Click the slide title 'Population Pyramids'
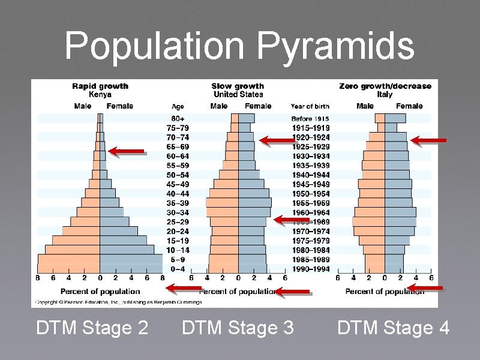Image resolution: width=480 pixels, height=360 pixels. click(x=239, y=46)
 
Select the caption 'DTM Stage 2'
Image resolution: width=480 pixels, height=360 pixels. click(x=92, y=328)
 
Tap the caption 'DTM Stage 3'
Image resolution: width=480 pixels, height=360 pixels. click(x=238, y=328)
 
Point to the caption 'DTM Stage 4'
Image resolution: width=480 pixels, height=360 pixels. click(x=393, y=328)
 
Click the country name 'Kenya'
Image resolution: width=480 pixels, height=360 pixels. click(x=100, y=94)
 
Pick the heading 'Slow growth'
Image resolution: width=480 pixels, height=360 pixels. click(x=238, y=86)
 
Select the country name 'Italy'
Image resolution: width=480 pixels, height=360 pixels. click(x=385, y=94)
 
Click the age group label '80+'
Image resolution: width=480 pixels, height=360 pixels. click(x=178, y=118)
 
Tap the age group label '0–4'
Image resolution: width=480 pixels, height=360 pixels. click(x=178, y=269)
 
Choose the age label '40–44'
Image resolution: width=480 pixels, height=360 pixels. click(x=178, y=194)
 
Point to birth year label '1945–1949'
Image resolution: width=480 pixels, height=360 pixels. click(x=310, y=184)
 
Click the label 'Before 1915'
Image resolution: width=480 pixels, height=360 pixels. click(x=310, y=119)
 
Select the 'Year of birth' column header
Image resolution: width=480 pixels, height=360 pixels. click(x=310, y=107)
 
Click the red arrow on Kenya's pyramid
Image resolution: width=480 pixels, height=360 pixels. click(x=128, y=151)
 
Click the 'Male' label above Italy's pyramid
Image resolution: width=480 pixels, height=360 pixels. click(x=365, y=106)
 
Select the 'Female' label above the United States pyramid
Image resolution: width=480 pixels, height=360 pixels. click(x=259, y=106)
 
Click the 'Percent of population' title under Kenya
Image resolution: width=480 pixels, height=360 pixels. click(x=100, y=292)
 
